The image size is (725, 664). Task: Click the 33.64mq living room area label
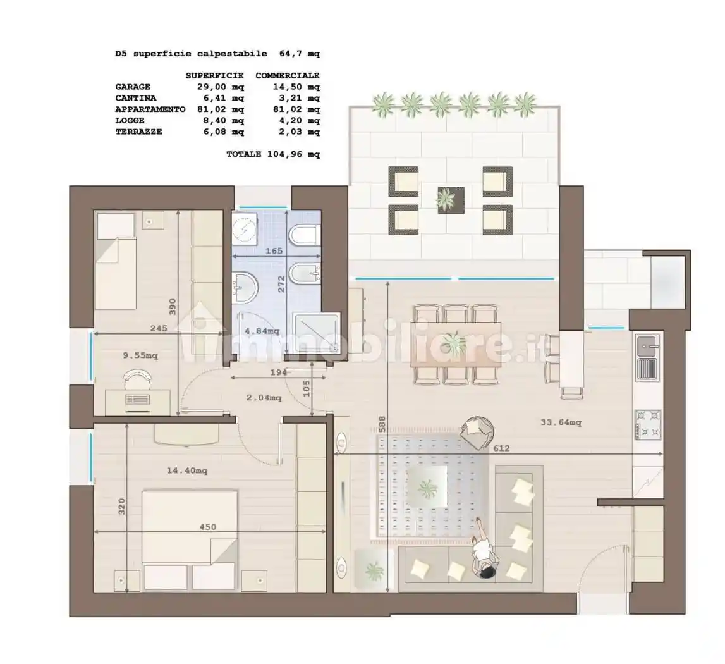point(561,422)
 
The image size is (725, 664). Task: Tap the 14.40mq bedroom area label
point(187,470)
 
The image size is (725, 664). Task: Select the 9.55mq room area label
point(140,355)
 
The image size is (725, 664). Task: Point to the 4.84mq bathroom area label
point(262,331)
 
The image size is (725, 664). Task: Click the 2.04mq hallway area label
point(264,398)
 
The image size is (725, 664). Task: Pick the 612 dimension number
point(501,448)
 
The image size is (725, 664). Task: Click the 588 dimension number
point(382,424)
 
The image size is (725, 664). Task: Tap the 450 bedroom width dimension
point(207,527)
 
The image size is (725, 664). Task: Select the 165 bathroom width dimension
point(274,251)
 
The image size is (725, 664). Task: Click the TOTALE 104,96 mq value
point(273,154)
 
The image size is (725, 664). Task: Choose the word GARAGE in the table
point(133,87)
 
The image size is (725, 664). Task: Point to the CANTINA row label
point(136,98)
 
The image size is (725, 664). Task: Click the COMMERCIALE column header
point(288,75)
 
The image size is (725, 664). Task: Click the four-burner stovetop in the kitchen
point(648,425)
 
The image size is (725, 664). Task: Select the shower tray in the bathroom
point(317,332)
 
